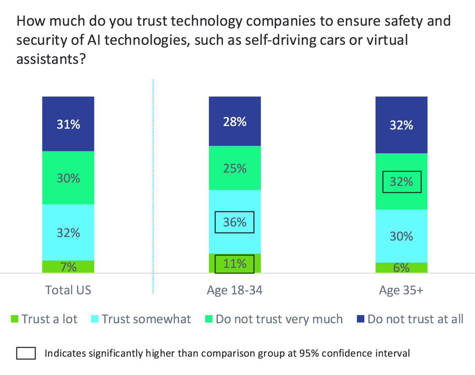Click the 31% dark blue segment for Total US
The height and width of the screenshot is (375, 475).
(68, 124)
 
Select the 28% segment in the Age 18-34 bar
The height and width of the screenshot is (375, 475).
(235, 121)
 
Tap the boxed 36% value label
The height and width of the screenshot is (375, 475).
(235, 222)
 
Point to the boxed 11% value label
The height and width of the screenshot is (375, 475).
(235, 264)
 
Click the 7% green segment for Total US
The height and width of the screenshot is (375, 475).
(68, 267)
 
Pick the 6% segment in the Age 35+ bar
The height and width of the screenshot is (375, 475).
(401, 268)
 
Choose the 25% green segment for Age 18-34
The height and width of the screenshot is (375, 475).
(235, 168)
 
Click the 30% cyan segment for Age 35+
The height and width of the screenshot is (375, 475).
(401, 236)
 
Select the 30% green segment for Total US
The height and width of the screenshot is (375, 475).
(68, 178)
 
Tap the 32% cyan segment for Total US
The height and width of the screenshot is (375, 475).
(68, 233)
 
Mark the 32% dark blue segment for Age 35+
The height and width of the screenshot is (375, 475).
(401, 125)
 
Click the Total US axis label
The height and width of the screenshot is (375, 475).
(68, 290)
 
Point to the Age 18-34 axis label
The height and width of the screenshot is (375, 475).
(235, 290)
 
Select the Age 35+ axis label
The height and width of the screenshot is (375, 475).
(401, 290)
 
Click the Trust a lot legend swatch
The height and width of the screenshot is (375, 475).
(15, 319)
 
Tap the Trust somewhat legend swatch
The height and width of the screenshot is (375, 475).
(95, 319)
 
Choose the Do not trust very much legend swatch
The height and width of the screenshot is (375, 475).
(209, 319)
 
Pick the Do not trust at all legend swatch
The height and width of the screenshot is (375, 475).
(361, 319)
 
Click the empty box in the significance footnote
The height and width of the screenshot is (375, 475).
(26, 353)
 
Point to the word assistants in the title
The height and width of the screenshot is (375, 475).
(47, 59)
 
